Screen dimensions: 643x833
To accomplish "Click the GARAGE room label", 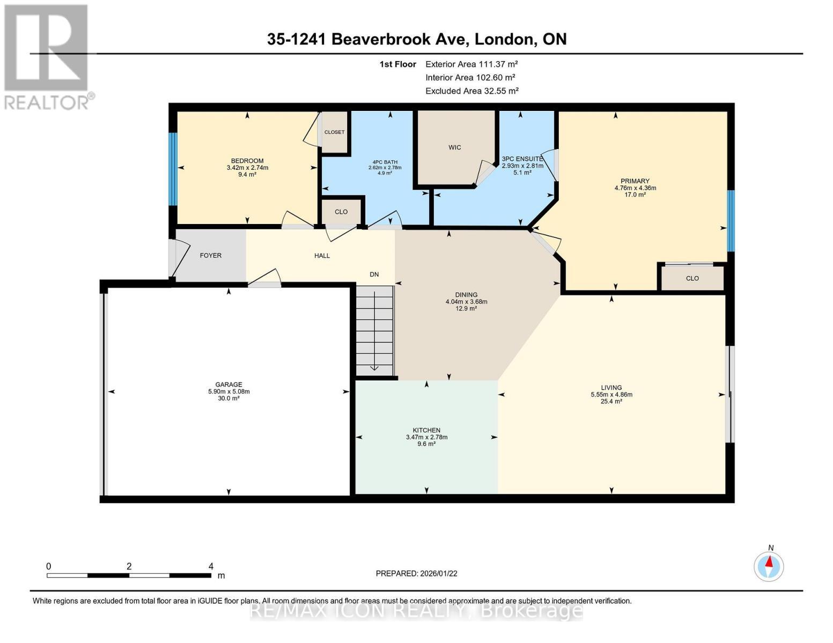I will coord(228,384).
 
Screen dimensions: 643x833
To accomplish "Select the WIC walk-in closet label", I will coord(455,147).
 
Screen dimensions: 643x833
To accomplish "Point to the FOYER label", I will coord(210,256).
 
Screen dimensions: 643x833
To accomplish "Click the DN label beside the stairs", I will coord(374,274).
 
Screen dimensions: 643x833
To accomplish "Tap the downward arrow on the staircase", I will coord(374,368).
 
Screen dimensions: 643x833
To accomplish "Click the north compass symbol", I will coord(769,566).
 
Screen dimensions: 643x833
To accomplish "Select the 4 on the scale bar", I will coord(211,566).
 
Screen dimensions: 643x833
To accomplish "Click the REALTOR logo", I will coord(47,56).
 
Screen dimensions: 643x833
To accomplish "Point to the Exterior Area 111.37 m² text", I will coord(471,64).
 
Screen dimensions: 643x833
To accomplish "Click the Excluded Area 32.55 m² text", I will coord(471,91).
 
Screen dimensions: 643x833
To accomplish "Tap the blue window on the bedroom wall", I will coord(173,169).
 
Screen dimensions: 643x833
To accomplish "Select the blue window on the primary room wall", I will coord(730,221).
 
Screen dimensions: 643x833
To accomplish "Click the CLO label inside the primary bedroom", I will coord(692,278).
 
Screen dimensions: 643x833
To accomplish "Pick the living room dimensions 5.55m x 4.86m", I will coord(611,394).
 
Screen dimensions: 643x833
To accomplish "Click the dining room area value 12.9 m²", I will coord(466,309).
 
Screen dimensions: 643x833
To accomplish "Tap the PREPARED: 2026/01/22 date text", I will coord(416,573).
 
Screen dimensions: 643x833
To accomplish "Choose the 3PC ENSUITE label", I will coord(522,159).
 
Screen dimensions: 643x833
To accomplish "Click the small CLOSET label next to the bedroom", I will coord(334,132).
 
